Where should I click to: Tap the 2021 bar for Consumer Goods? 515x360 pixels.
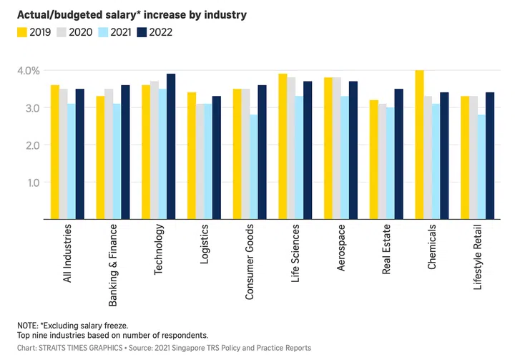tap(253, 166)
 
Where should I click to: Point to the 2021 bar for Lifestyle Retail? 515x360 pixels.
tap(481, 166)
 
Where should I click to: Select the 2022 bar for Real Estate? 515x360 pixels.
tap(399, 154)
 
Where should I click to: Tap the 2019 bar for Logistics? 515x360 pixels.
tap(192, 155)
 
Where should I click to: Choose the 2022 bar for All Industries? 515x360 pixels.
tap(79, 154)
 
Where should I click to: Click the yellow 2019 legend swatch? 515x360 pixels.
tap(24, 31)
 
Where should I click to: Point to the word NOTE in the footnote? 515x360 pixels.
tap(29, 325)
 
